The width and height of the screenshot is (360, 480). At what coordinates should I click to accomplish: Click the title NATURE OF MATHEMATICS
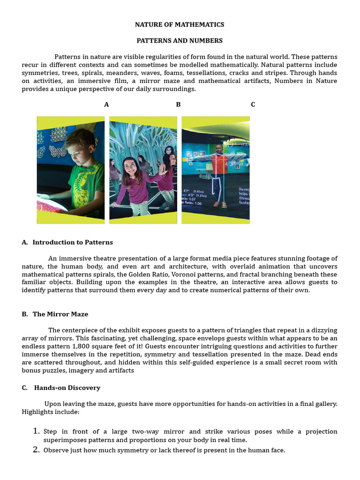pos(180,24)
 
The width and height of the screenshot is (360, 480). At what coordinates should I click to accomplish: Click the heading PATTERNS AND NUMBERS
pos(180,41)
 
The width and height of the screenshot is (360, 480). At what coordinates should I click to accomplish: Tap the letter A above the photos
pos(106,105)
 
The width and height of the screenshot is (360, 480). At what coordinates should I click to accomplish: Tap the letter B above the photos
pos(178,105)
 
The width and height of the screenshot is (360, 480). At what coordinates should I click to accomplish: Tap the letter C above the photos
pos(253,105)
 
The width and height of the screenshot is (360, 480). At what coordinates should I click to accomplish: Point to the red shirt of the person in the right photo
pos(219,164)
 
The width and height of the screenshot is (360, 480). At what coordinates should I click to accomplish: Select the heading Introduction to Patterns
pos(73,242)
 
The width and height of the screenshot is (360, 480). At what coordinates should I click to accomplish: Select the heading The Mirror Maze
pos(60,314)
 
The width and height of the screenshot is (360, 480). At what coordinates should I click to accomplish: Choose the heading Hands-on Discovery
pos(67,388)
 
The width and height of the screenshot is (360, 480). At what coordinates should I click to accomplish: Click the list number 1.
pos(37,431)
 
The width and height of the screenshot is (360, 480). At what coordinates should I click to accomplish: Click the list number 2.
pos(37,450)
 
